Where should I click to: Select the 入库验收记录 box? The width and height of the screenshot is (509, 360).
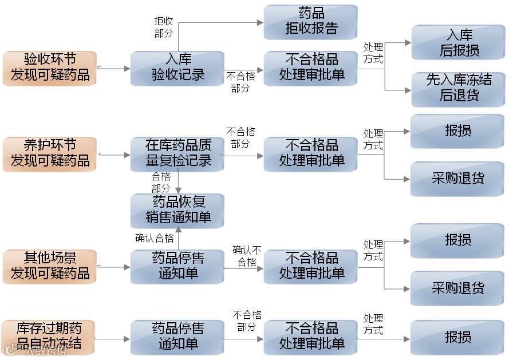tap(177, 68)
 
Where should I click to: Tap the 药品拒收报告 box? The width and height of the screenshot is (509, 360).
tap(311, 22)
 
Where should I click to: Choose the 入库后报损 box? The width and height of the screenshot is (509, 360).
tap(458, 42)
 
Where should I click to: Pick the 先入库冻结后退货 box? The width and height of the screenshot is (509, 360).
tap(458, 88)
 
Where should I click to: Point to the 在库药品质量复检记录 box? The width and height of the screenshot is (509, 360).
tap(177, 153)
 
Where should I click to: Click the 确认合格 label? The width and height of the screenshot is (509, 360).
tap(154, 238)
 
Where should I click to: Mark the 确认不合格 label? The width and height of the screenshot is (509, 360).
tap(247, 256)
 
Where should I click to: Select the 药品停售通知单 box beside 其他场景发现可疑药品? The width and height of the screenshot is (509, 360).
tap(177, 266)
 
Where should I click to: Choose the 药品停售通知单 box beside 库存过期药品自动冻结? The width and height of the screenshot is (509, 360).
tap(177, 337)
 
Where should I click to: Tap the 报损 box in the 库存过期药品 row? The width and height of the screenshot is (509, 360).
tap(458, 337)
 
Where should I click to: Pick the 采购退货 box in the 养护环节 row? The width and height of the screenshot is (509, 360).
tap(458, 178)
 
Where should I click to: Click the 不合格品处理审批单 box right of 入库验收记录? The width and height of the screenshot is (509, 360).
tap(311, 68)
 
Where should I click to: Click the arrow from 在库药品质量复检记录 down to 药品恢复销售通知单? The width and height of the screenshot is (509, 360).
tap(179, 183)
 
